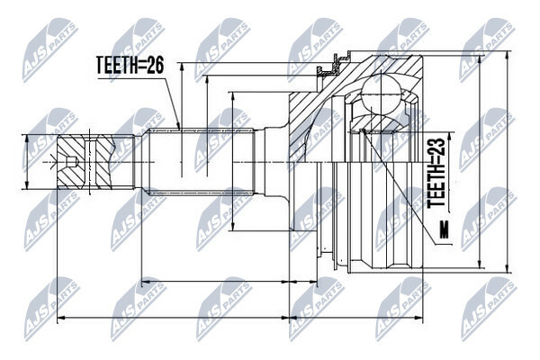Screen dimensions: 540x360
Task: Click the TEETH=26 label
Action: click(x=130, y=66)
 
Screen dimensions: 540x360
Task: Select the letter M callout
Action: click(x=445, y=230)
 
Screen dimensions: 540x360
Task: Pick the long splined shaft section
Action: click(x=201, y=162)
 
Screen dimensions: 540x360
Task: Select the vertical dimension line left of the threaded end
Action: click(x=26, y=162)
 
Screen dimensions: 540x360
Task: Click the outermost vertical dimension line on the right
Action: click(x=506, y=162)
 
